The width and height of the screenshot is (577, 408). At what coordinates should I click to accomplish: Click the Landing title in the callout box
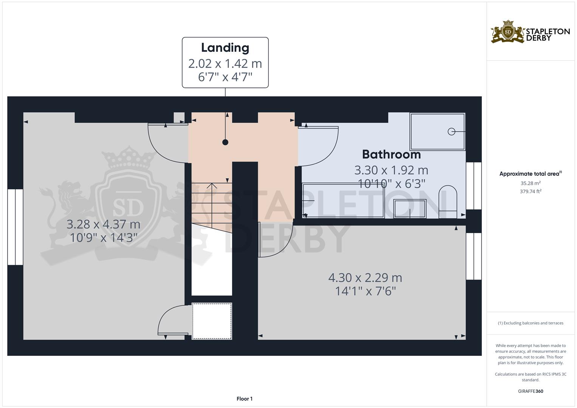[x=225, y=48]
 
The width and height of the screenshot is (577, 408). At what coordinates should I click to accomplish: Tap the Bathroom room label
[x=391, y=155]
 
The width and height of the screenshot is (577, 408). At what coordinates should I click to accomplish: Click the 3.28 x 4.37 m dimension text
[x=103, y=224]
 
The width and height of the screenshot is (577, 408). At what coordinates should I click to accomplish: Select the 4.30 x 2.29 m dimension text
[x=365, y=278]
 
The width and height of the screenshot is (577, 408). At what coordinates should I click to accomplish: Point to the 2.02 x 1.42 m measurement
[x=225, y=63]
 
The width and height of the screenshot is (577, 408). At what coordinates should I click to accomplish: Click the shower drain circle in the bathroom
[x=451, y=131]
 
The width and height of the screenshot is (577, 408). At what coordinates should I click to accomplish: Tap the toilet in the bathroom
[x=448, y=202]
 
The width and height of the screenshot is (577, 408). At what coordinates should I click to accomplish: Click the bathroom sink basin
[x=410, y=209]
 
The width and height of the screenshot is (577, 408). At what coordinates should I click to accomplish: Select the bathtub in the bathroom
[x=343, y=200]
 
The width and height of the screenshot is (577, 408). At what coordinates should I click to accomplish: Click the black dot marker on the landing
[x=225, y=142]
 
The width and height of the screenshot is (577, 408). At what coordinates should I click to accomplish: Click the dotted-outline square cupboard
[x=212, y=321]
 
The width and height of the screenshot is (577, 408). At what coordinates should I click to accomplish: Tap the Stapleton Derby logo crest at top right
[x=508, y=32]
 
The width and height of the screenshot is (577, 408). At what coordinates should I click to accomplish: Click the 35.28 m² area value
[x=531, y=183]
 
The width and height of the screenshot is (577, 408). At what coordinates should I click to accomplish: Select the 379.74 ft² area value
[x=531, y=192]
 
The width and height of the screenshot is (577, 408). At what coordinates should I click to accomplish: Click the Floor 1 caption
[x=244, y=399]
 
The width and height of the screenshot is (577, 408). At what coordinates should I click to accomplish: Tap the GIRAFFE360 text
[x=531, y=391]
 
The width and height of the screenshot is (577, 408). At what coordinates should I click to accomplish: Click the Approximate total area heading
[x=531, y=174]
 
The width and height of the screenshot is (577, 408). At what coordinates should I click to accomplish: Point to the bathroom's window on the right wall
[x=474, y=186]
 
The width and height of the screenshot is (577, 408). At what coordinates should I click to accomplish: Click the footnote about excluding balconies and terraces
[x=531, y=323]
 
